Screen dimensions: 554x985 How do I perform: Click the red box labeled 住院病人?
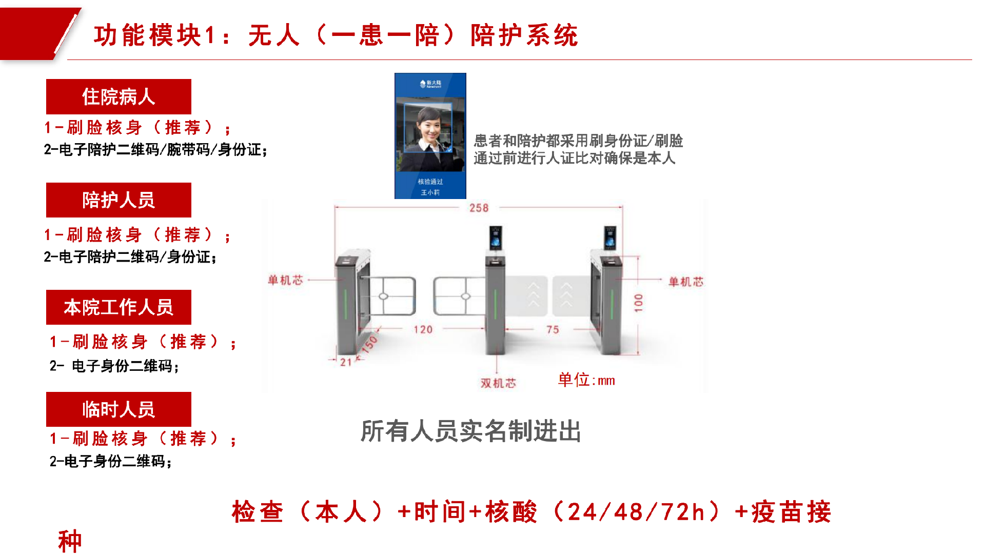pos(119,96)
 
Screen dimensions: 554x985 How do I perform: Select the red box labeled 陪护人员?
pos(119,200)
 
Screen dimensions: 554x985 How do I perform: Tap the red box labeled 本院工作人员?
pos(119,307)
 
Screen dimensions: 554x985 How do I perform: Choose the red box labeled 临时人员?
pos(119,409)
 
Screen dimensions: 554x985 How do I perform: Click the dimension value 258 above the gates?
pos(479,208)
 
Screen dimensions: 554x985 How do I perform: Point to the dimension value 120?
pos(423,329)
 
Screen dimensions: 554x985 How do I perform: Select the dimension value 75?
pos(553,329)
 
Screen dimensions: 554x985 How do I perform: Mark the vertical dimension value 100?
pos(639,303)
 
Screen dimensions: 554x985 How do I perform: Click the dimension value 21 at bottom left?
pos(346,362)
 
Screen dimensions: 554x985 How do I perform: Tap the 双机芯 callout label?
pos(498,383)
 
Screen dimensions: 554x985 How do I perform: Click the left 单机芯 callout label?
pos(286,280)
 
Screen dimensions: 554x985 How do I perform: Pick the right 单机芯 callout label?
pos(686,282)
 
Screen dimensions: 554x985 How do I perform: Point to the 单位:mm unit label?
pos(586,380)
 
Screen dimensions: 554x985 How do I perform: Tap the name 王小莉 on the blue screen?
pos(430,192)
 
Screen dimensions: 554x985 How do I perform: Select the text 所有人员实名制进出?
pos(470,431)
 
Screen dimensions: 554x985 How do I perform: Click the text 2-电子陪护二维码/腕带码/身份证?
pos(155,150)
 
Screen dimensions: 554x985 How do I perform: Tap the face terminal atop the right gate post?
pos(610,238)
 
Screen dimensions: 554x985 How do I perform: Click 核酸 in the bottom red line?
pos(511,512)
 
